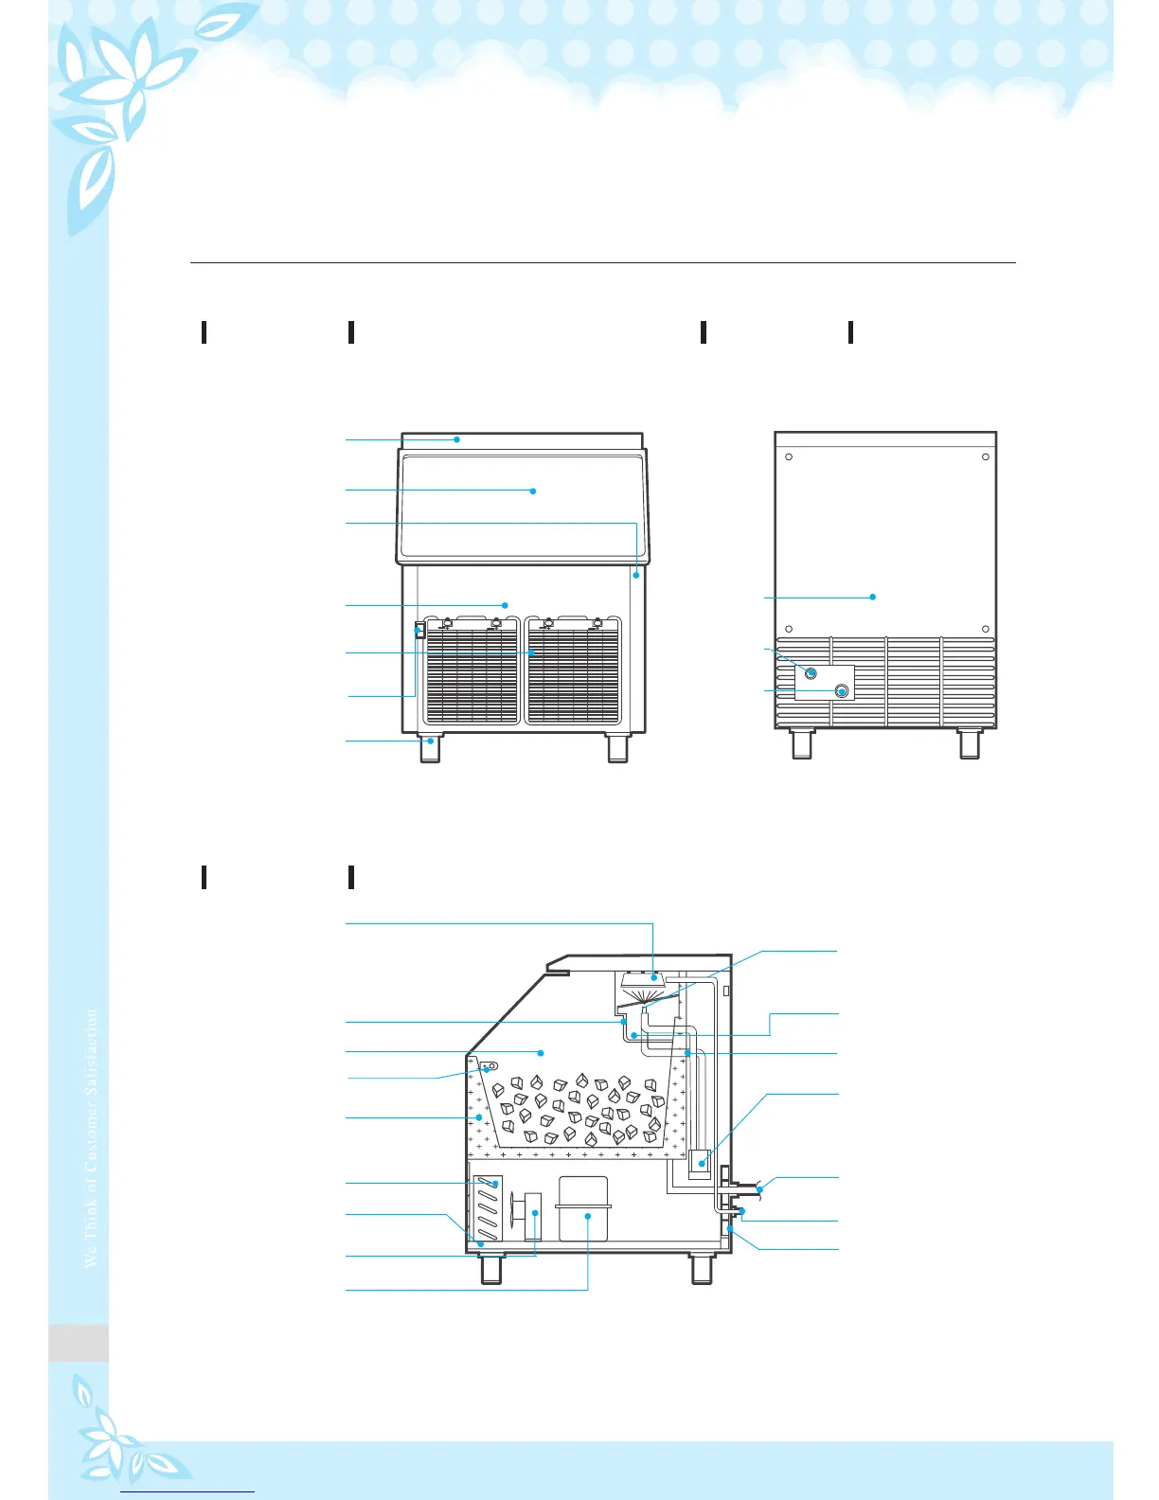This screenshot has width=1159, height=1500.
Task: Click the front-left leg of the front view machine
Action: [430, 747]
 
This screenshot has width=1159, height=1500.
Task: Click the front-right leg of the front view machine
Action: [617, 747]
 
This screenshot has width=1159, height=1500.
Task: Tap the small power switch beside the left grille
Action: [419, 630]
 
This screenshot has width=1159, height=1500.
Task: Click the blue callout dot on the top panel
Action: [456, 439]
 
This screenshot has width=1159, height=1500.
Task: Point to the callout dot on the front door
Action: [533, 491]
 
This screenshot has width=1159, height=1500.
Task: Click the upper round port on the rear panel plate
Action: [811, 672]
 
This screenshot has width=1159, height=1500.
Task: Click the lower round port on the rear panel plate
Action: [841, 691]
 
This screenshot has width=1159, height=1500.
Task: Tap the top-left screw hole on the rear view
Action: [789, 457]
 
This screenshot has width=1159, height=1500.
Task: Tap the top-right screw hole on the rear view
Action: [986, 457]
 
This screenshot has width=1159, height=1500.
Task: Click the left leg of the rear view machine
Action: [802, 743]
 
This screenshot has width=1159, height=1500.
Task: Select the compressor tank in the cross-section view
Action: [582, 1209]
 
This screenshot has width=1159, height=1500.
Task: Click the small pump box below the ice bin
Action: [702, 1161]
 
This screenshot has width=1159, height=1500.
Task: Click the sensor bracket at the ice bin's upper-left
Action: [490, 1067]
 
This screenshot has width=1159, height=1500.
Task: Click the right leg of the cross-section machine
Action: [702, 1268]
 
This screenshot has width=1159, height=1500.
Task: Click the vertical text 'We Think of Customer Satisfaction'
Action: [91, 1137]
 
